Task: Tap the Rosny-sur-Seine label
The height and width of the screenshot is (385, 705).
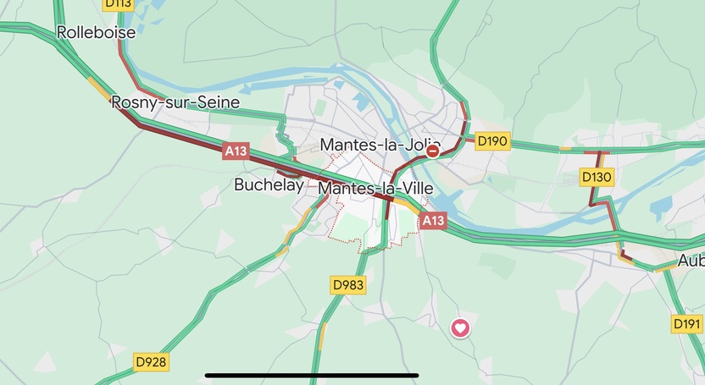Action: (x=175, y=102)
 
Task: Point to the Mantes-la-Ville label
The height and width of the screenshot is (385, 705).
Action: (x=375, y=189)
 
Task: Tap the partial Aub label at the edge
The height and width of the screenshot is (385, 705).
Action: (x=691, y=261)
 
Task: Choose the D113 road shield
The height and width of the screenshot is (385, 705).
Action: (x=119, y=3)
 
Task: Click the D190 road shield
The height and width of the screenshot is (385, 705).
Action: (x=492, y=141)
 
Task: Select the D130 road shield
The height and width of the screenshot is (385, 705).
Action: (x=597, y=177)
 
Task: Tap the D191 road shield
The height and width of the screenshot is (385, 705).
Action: (x=687, y=323)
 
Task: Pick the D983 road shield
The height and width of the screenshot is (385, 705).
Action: (x=347, y=285)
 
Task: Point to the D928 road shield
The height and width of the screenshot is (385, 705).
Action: (x=151, y=362)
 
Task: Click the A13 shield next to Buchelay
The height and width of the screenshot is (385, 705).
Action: (x=236, y=151)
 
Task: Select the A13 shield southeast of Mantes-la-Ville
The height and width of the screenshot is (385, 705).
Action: (x=432, y=221)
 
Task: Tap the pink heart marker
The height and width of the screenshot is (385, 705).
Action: (x=459, y=327)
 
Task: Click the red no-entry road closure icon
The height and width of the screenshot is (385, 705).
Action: (x=433, y=151)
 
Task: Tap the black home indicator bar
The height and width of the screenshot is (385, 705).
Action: (x=312, y=375)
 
